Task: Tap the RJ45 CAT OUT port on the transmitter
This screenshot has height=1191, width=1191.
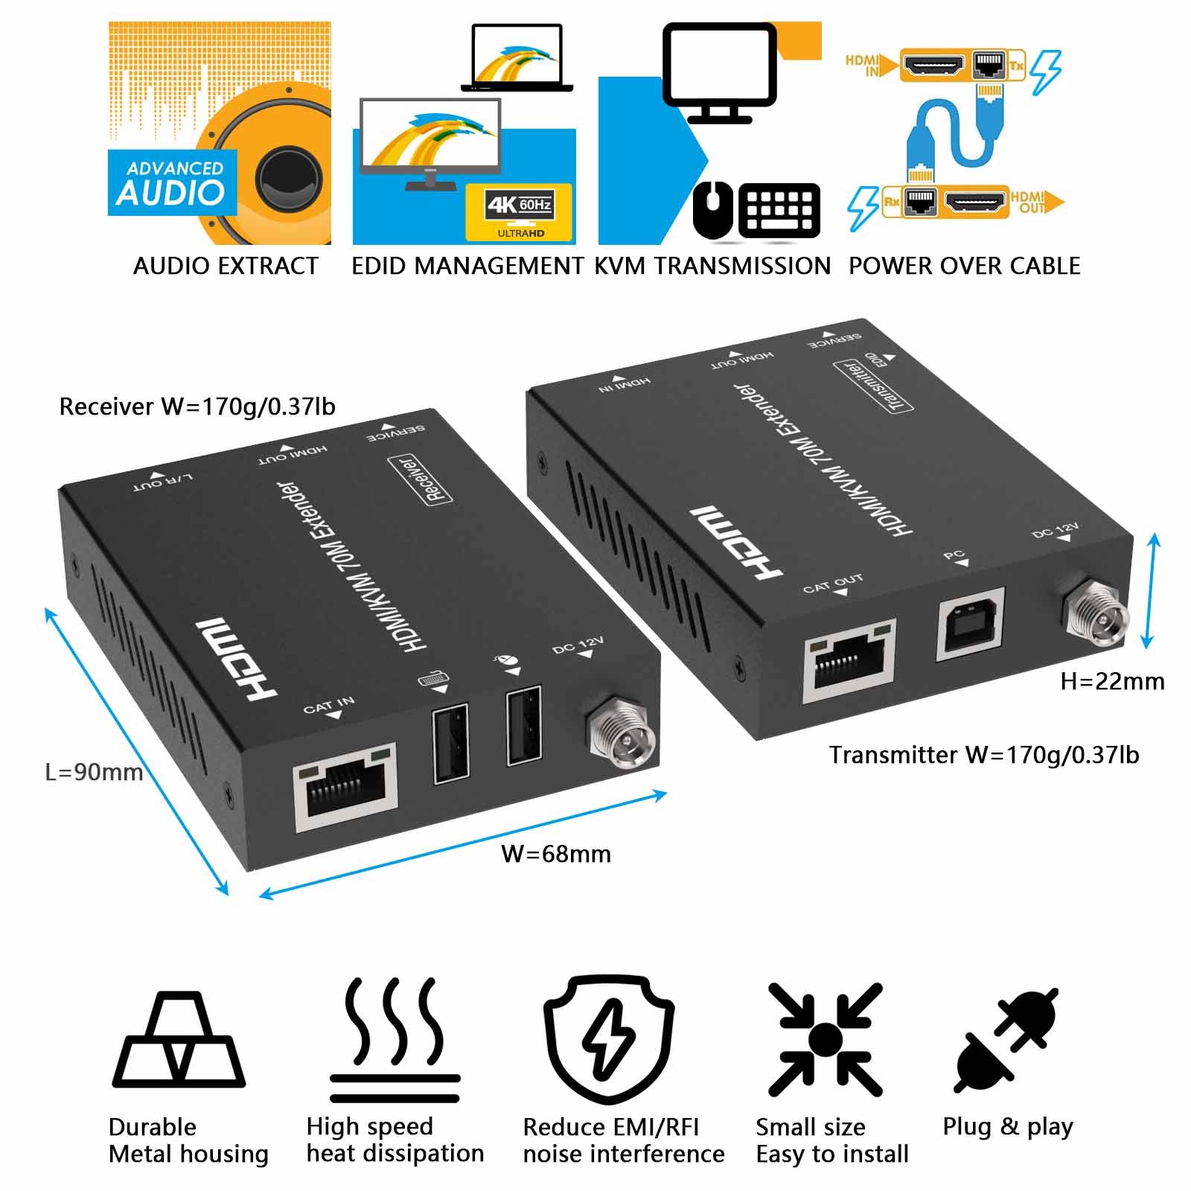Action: pos(849,660)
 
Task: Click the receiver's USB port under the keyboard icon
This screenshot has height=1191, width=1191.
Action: pos(451,742)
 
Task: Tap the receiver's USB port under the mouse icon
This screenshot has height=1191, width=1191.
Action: pos(523,726)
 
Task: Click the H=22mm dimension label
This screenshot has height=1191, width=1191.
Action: pos(1112,681)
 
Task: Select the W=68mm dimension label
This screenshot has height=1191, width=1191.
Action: pos(556,854)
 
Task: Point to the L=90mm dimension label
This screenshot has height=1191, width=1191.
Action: pos(94,772)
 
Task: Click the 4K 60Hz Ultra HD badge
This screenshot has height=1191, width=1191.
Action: pos(520,212)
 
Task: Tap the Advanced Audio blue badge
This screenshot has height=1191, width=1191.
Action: pos(172,183)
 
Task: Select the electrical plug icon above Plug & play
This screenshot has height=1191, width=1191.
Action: pos(1007,1040)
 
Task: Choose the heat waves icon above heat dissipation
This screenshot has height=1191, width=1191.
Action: pos(395,1038)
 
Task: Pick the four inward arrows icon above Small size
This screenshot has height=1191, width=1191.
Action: pos(825,1039)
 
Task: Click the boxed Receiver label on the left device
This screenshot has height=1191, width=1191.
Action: pos(421,480)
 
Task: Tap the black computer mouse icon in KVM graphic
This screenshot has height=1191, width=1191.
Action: pos(713,211)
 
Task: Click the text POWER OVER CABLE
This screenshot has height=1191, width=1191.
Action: pos(964,266)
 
